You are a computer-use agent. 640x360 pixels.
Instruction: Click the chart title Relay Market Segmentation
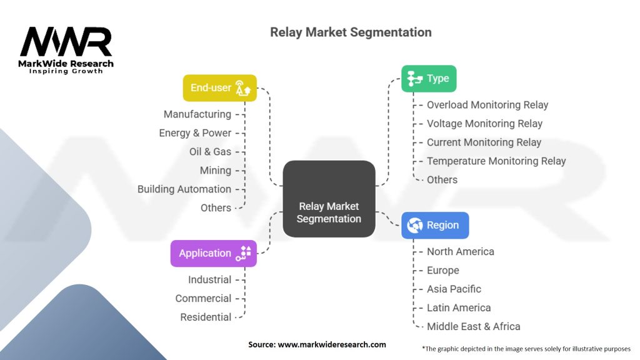(351, 32)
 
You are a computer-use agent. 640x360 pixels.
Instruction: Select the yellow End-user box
(219, 88)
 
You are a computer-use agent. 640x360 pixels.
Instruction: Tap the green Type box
(429, 79)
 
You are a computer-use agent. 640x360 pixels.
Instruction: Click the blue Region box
(434, 226)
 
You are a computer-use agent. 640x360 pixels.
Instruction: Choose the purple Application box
(213, 253)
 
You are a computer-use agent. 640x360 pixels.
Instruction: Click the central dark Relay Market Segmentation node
(329, 199)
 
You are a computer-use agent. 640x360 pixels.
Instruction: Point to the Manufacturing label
(197, 114)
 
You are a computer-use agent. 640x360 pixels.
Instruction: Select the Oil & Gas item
(210, 152)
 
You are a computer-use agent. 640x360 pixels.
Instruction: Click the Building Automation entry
(184, 189)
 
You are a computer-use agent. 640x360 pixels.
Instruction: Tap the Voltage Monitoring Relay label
(484, 124)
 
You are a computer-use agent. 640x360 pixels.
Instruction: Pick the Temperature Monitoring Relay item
(496, 161)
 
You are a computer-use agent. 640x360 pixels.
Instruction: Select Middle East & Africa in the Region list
(473, 326)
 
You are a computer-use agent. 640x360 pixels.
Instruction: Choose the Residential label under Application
(206, 317)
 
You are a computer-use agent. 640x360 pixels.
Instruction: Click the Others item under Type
(442, 180)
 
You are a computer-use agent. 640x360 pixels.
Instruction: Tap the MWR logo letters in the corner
(66, 42)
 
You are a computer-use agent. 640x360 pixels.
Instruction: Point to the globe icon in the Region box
(415, 226)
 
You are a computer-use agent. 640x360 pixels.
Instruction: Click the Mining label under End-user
(215, 171)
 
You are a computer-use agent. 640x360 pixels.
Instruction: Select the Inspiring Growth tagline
(66, 71)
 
